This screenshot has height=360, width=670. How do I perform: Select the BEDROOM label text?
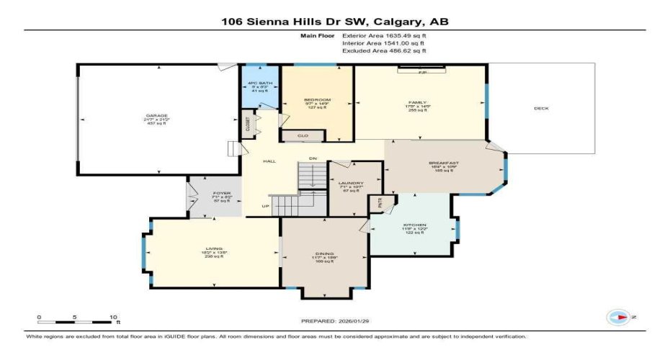click(317, 99)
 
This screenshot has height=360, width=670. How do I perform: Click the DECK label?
click(541, 109)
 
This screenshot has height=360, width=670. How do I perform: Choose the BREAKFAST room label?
click(444, 163)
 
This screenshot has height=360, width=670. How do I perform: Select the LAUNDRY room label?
click(351, 184)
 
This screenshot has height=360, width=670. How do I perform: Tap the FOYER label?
click(221, 194)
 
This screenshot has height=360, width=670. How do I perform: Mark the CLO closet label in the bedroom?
click(303, 135)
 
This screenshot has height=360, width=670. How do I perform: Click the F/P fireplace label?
click(422, 73)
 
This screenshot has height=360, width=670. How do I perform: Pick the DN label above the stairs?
click(313, 158)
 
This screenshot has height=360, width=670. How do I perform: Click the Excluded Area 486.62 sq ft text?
click(384, 50)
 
